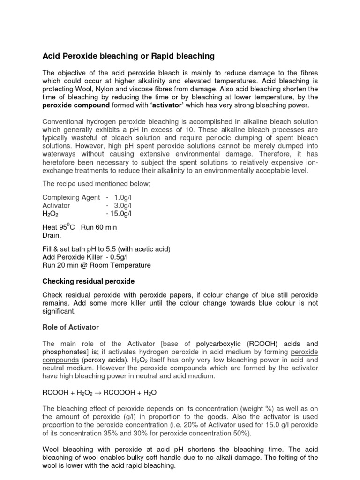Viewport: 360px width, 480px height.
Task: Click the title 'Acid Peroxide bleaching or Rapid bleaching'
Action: (x=128, y=56)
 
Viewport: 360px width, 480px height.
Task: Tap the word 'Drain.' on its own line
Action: (x=52, y=235)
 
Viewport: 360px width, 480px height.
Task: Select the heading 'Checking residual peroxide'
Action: (x=89, y=281)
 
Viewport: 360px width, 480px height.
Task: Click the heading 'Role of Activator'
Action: (x=71, y=327)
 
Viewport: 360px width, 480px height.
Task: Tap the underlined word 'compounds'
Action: (x=60, y=360)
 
